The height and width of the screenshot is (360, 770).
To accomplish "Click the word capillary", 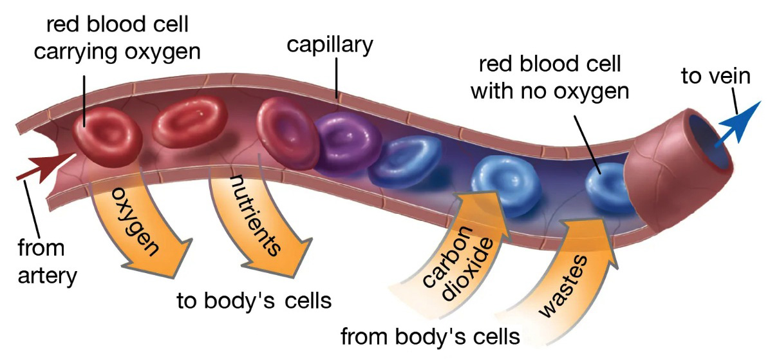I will point(330,45).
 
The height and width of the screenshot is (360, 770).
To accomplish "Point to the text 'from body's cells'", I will point(429,336).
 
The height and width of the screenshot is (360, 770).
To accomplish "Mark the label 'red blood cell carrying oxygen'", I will point(117,38).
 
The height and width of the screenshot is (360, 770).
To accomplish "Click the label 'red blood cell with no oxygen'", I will point(549,77).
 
